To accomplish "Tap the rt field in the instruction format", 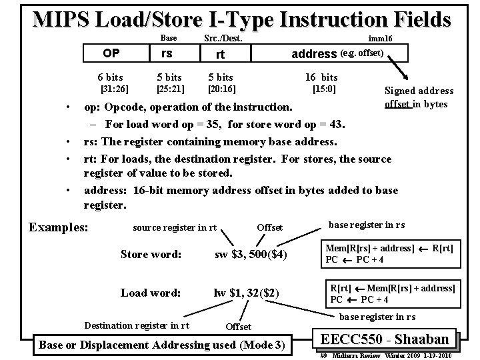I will (220, 55).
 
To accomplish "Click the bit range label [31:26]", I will (114, 88).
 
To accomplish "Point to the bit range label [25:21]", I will (171, 88).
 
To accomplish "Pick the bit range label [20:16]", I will (222, 88).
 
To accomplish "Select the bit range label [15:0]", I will (324, 88).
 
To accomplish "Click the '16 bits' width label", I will (321, 77).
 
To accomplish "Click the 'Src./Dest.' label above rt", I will (223, 38).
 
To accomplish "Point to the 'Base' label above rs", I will (169, 38).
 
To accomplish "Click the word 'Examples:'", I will (58, 227).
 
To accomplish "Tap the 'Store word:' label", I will (151, 253).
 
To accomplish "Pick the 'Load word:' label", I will (151, 293).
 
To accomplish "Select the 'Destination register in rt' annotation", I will (137, 325).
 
